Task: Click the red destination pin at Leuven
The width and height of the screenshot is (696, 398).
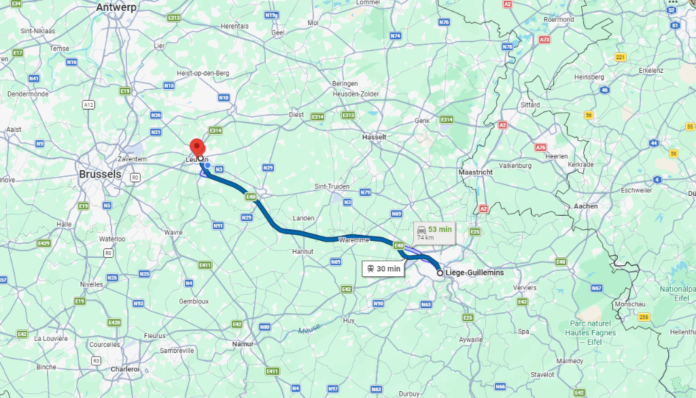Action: (197, 147)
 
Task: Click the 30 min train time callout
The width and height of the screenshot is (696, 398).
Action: (383, 269)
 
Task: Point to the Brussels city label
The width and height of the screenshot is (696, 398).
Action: (100, 174)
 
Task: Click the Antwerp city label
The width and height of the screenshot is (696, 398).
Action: (116, 7)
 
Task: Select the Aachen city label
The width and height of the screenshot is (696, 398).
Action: (585, 205)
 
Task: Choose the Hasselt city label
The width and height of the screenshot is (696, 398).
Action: (374, 137)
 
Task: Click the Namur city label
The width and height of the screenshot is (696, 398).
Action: (243, 344)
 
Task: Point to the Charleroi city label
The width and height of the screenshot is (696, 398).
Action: (124, 369)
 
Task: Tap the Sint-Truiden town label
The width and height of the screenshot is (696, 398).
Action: (331, 186)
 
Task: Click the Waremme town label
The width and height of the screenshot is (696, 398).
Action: (354, 240)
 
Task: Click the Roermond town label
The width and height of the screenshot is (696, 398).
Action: (559, 20)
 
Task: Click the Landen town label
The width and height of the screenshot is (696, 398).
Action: (303, 218)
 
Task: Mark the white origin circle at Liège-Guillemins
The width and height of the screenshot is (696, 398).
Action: (440, 273)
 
